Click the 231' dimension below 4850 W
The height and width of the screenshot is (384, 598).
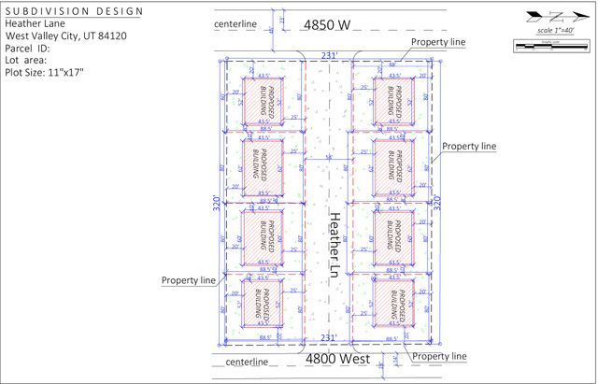coord(328,56)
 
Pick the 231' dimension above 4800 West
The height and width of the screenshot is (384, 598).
coord(328,337)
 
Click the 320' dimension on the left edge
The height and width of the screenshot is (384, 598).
coord(215,200)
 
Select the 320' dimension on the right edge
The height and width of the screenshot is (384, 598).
coord(434,200)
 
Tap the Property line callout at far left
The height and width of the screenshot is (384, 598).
coord(189,279)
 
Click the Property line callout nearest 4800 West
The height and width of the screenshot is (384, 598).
coord(439,357)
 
